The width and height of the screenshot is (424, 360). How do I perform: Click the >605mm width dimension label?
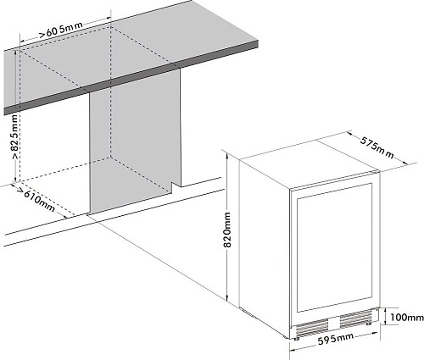coord(61,30)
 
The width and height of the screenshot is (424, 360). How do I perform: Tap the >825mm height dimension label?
coord(14,136)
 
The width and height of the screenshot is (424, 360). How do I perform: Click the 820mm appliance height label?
coord(227,230)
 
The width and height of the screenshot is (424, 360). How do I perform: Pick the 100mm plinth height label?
coord(407,318)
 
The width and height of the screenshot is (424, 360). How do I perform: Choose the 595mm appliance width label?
coord(336,339)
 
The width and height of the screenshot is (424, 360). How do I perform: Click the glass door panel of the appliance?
coord(334,247)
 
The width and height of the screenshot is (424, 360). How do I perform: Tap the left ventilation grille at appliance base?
coord(312,328)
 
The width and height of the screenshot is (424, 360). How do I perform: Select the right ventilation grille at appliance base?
coord(356,318)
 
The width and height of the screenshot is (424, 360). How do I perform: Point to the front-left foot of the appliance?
coord(296,338)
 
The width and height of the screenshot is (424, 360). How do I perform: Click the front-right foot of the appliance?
coord(368,324)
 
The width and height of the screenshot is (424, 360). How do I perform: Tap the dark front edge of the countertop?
coord(131,77)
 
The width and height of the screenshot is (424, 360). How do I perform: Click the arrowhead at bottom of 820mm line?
coord(226,298)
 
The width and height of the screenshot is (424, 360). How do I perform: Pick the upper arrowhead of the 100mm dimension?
coord(386,311)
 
